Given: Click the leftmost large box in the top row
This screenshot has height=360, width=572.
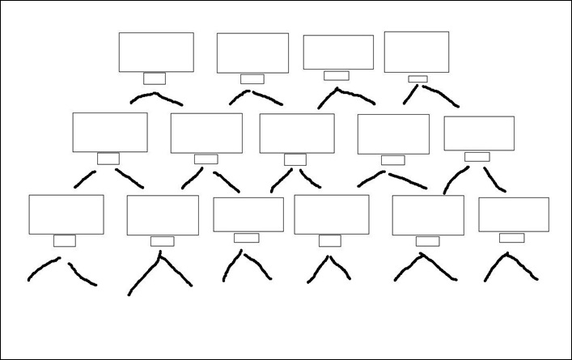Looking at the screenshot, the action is coord(156,52).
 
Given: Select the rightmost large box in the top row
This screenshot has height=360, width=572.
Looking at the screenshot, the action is coord(416,52).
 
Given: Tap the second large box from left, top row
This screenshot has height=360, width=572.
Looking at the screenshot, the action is coord(252,53).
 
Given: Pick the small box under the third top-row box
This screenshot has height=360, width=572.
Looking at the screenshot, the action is coord(336,75).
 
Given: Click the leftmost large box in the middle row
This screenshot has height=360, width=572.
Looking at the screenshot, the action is coord(110,132).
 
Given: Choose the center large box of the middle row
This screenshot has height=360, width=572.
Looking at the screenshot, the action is coord(297,133).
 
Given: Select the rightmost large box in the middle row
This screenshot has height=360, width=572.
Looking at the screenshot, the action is coord(479,133).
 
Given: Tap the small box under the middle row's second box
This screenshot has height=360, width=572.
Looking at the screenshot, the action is coord(205,159).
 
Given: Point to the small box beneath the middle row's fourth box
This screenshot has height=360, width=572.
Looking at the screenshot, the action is coord(392,159).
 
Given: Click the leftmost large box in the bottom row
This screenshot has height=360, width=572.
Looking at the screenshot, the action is coord(66,214).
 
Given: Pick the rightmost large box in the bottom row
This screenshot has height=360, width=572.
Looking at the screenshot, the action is coord(514,214).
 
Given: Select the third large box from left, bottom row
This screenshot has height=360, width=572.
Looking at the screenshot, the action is coord(248,214).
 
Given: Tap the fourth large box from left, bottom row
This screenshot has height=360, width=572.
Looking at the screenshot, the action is coord(331,214).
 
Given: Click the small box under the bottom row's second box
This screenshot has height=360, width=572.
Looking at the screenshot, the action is coord(162,241).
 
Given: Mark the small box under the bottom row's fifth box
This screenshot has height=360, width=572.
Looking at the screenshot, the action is coord(427,241).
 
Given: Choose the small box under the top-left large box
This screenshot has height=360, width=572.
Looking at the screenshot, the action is coord(155,78).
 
